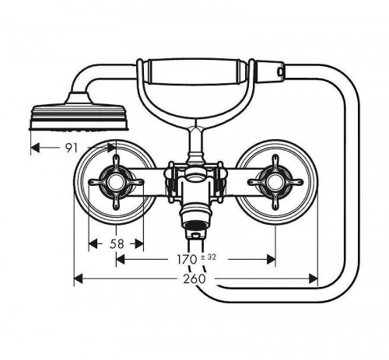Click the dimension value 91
tap(72, 148)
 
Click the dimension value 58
tap(117, 244)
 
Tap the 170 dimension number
tap(187, 260)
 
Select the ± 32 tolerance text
tap(209, 257)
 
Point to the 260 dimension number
tap(194, 279)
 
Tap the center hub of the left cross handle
tap(116, 182)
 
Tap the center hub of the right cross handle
tap(275, 182)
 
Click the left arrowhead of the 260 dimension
tap(79, 279)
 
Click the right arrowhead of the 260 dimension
tap(314, 279)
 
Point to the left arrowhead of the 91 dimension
tap(35, 148)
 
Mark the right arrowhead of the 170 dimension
tap(271, 260)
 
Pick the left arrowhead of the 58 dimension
tap(93, 244)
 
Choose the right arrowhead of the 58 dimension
tap(139, 244)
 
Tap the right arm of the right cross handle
tap(293, 182)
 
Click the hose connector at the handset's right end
tap(270, 71)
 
